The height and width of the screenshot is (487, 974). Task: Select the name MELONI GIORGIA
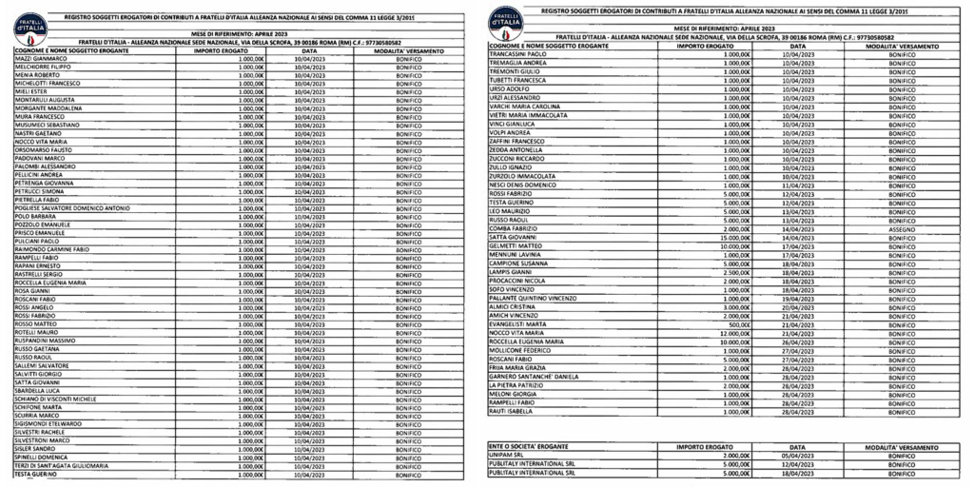(514, 394)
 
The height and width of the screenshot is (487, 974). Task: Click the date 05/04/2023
(798, 456)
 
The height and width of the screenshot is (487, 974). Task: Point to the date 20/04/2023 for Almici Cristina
(798, 307)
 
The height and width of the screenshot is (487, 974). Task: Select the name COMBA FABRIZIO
(516, 229)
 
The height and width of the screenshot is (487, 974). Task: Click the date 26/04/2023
(798, 341)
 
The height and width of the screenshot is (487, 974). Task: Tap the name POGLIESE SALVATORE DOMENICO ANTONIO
(72, 208)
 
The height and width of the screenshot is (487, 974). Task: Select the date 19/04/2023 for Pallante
(798, 299)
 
